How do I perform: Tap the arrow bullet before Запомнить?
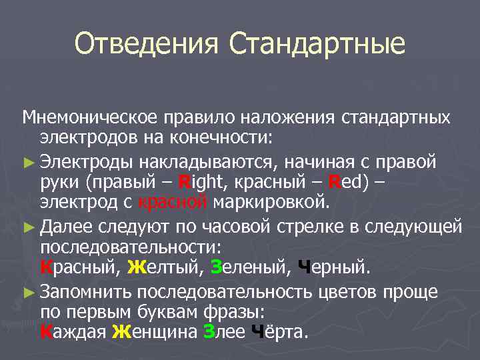pos(29,292)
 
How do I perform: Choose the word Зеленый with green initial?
pos(243,269)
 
